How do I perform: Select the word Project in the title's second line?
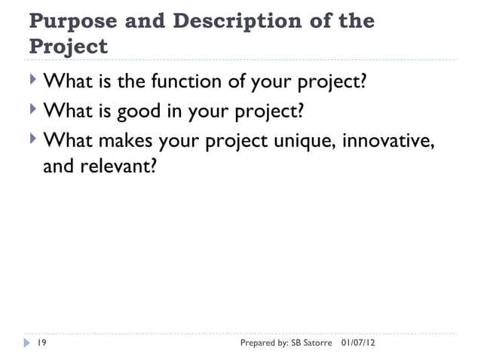[68, 47]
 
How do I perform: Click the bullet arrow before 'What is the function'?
[32, 81]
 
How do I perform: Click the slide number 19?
[42, 343]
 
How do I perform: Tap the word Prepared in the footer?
[256, 343]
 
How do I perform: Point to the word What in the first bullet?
[66, 81]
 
